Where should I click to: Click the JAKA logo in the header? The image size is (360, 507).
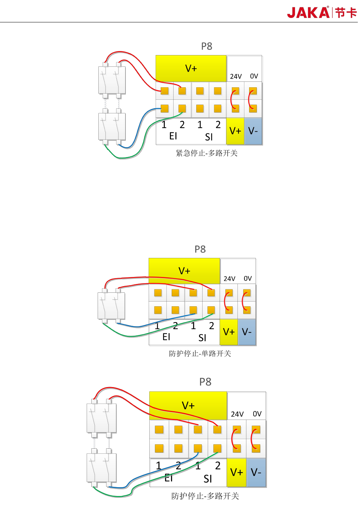pyautogui.click(x=321, y=12)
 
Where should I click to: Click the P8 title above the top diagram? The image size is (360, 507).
pyautogui.click(x=207, y=46)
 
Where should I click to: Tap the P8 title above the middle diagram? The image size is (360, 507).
pyautogui.click(x=200, y=249)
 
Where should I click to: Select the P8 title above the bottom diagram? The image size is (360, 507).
pyautogui.click(x=205, y=382)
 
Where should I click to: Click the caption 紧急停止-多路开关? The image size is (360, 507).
pyautogui.click(x=207, y=153)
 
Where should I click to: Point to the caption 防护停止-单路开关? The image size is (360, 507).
pyautogui.click(x=200, y=354)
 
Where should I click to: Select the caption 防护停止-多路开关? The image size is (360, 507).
pyautogui.click(x=205, y=496)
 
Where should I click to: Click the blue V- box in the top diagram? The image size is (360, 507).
pyautogui.click(x=253, y=131)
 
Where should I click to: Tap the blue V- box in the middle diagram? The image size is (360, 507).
pyautogui.click(x=247, y=332)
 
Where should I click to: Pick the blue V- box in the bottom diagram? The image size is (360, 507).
pyautogui.click(x=256, y=472)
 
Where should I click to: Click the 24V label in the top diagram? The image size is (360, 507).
pyautogui.click(x=236, y=76)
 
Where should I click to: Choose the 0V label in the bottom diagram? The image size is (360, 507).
pyautogui.click(x=257, y=414)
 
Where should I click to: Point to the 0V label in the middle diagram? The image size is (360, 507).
pyautogui.click(x=248, y=278)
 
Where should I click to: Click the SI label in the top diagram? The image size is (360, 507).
pyautogui.click(x=209, y=137)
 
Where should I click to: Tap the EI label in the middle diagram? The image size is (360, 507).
pyautogui.click(x=166, y=337)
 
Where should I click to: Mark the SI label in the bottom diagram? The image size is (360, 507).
pyautogui.click(x=208, y=479)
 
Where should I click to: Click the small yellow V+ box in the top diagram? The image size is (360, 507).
pyautogui.click(x=235, y=131)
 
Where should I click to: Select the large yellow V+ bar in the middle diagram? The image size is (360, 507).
pyautogui.click(x=184, y=271)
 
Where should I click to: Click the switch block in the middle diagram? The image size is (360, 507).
pyautogui.click(x=111, y=306)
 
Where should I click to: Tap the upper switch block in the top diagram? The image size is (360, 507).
pyautogui.click(x=112, y=80)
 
